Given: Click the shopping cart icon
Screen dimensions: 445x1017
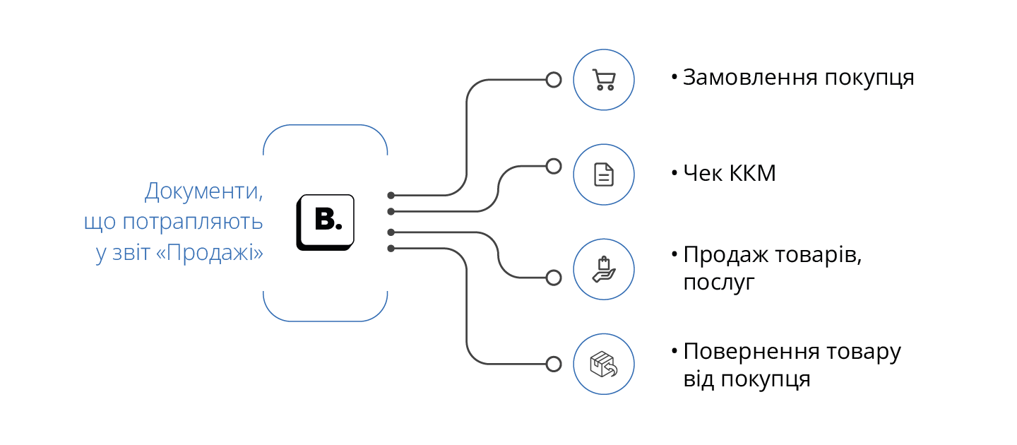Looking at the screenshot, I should [603, 80].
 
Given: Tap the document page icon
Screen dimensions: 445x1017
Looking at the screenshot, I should [603, 174].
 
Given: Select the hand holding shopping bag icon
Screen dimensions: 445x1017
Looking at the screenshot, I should [603, 270].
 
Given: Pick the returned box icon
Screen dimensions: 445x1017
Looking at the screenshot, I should [603, 364].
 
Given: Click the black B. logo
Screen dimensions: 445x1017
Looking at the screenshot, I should [326, 221].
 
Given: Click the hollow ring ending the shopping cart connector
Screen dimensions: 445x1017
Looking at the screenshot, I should [554, 80].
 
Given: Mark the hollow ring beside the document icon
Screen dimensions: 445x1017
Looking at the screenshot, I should [554, 166].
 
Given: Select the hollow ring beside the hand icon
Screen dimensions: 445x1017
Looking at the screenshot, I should [554, 277].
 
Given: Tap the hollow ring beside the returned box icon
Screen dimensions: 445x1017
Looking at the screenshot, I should [554, 364].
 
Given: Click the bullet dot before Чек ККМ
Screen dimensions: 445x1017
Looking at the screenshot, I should [674, 172].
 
